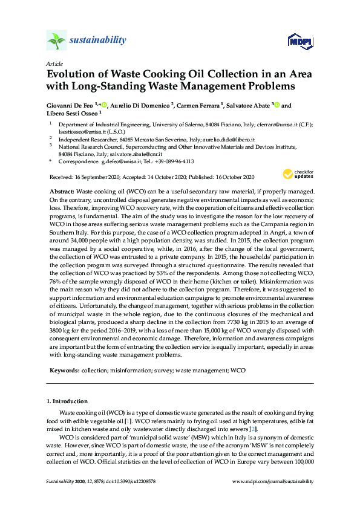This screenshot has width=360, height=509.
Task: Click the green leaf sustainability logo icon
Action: pos(56,41)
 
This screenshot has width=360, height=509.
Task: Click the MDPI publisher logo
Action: pos(296,41)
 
